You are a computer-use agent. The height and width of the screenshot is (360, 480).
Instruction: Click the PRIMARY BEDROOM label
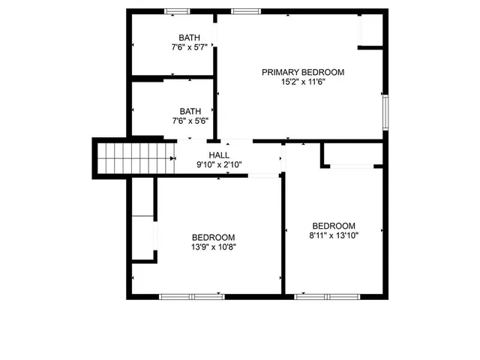[x=302, y=72]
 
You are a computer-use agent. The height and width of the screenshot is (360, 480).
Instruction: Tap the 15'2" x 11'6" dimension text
[x=302, y=82]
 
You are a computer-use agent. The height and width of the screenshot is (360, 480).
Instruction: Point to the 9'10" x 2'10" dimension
[x=219, y=165]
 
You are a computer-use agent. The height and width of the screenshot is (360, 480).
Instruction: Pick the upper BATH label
[x=189, y=38]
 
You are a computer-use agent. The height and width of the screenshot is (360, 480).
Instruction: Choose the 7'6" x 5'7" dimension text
[x=189, y=47]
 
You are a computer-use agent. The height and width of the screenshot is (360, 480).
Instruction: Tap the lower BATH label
[x=190, y=111]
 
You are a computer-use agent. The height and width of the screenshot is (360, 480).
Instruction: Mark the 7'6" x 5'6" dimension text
[x=190, y=120]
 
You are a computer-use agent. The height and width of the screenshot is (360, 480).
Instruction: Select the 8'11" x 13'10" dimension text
[x=333, y=235]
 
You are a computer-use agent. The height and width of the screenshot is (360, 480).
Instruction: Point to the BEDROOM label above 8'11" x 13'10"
[x=333, y=226]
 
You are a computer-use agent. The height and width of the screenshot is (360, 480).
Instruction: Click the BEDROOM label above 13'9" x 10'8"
[x=213, y=236]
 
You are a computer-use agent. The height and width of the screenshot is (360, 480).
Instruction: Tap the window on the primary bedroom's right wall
[x=385, y=112]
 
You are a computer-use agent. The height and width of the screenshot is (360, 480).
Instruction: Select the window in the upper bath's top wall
[x=177, y=10]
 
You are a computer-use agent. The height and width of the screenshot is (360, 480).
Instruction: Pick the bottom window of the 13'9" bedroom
[x=192, y=297]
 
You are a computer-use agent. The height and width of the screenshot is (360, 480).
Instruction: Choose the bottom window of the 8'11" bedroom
[x=326, y=297]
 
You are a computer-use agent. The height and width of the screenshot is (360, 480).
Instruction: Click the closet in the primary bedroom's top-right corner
[x=370, y=30]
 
